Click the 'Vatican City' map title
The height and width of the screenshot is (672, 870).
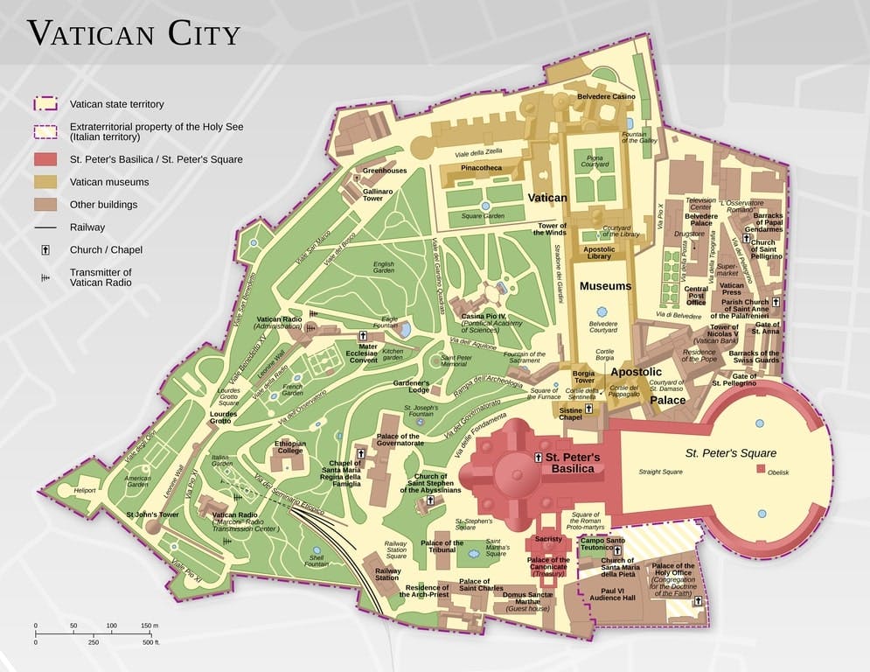133,33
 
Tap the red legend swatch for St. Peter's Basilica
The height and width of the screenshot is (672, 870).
45,159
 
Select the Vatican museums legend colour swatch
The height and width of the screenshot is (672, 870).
45,182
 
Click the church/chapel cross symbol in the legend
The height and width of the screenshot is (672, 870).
45,250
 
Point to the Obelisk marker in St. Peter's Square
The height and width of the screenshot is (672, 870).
761,471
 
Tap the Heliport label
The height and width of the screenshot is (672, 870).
84,491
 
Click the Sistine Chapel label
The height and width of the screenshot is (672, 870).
571,413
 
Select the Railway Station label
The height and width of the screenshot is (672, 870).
387,574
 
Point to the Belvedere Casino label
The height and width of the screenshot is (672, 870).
606,96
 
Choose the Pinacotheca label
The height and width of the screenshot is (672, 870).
482,167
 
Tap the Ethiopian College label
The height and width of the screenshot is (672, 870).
290,446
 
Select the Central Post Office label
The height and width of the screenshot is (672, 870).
696,296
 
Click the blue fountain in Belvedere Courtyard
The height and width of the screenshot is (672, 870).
602,311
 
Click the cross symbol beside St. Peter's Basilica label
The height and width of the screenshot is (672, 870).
538,458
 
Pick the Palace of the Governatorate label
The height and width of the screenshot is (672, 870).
398,439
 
